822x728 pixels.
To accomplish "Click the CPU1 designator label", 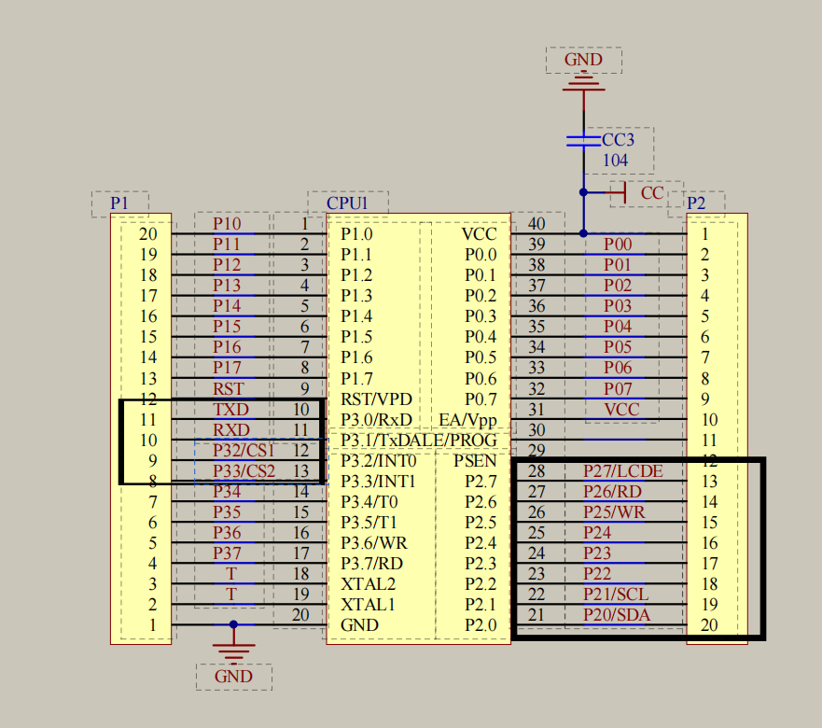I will [346, 203].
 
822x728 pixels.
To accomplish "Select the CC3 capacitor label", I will [618, 140].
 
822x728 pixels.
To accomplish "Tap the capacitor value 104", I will [615, 160].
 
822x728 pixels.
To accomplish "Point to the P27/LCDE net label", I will [622, 471].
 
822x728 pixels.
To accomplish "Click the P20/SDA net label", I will [617, 614].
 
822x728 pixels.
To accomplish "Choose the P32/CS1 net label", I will [244, 451].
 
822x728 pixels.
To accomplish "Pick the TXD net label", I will [230, 410].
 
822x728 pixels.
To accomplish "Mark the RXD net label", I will [230, 430].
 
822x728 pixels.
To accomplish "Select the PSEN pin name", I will [475, 460].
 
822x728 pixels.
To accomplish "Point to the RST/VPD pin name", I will [376, 399].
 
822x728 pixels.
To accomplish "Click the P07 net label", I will [617, 388].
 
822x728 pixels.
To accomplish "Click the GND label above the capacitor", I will [583, 61].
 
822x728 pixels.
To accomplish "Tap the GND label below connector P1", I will [233, 677].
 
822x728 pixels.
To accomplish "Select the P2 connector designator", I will [696, 203].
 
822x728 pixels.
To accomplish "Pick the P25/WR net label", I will [614, 512].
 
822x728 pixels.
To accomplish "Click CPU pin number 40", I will [536, 224].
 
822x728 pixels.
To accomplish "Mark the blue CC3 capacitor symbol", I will [583, 140].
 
